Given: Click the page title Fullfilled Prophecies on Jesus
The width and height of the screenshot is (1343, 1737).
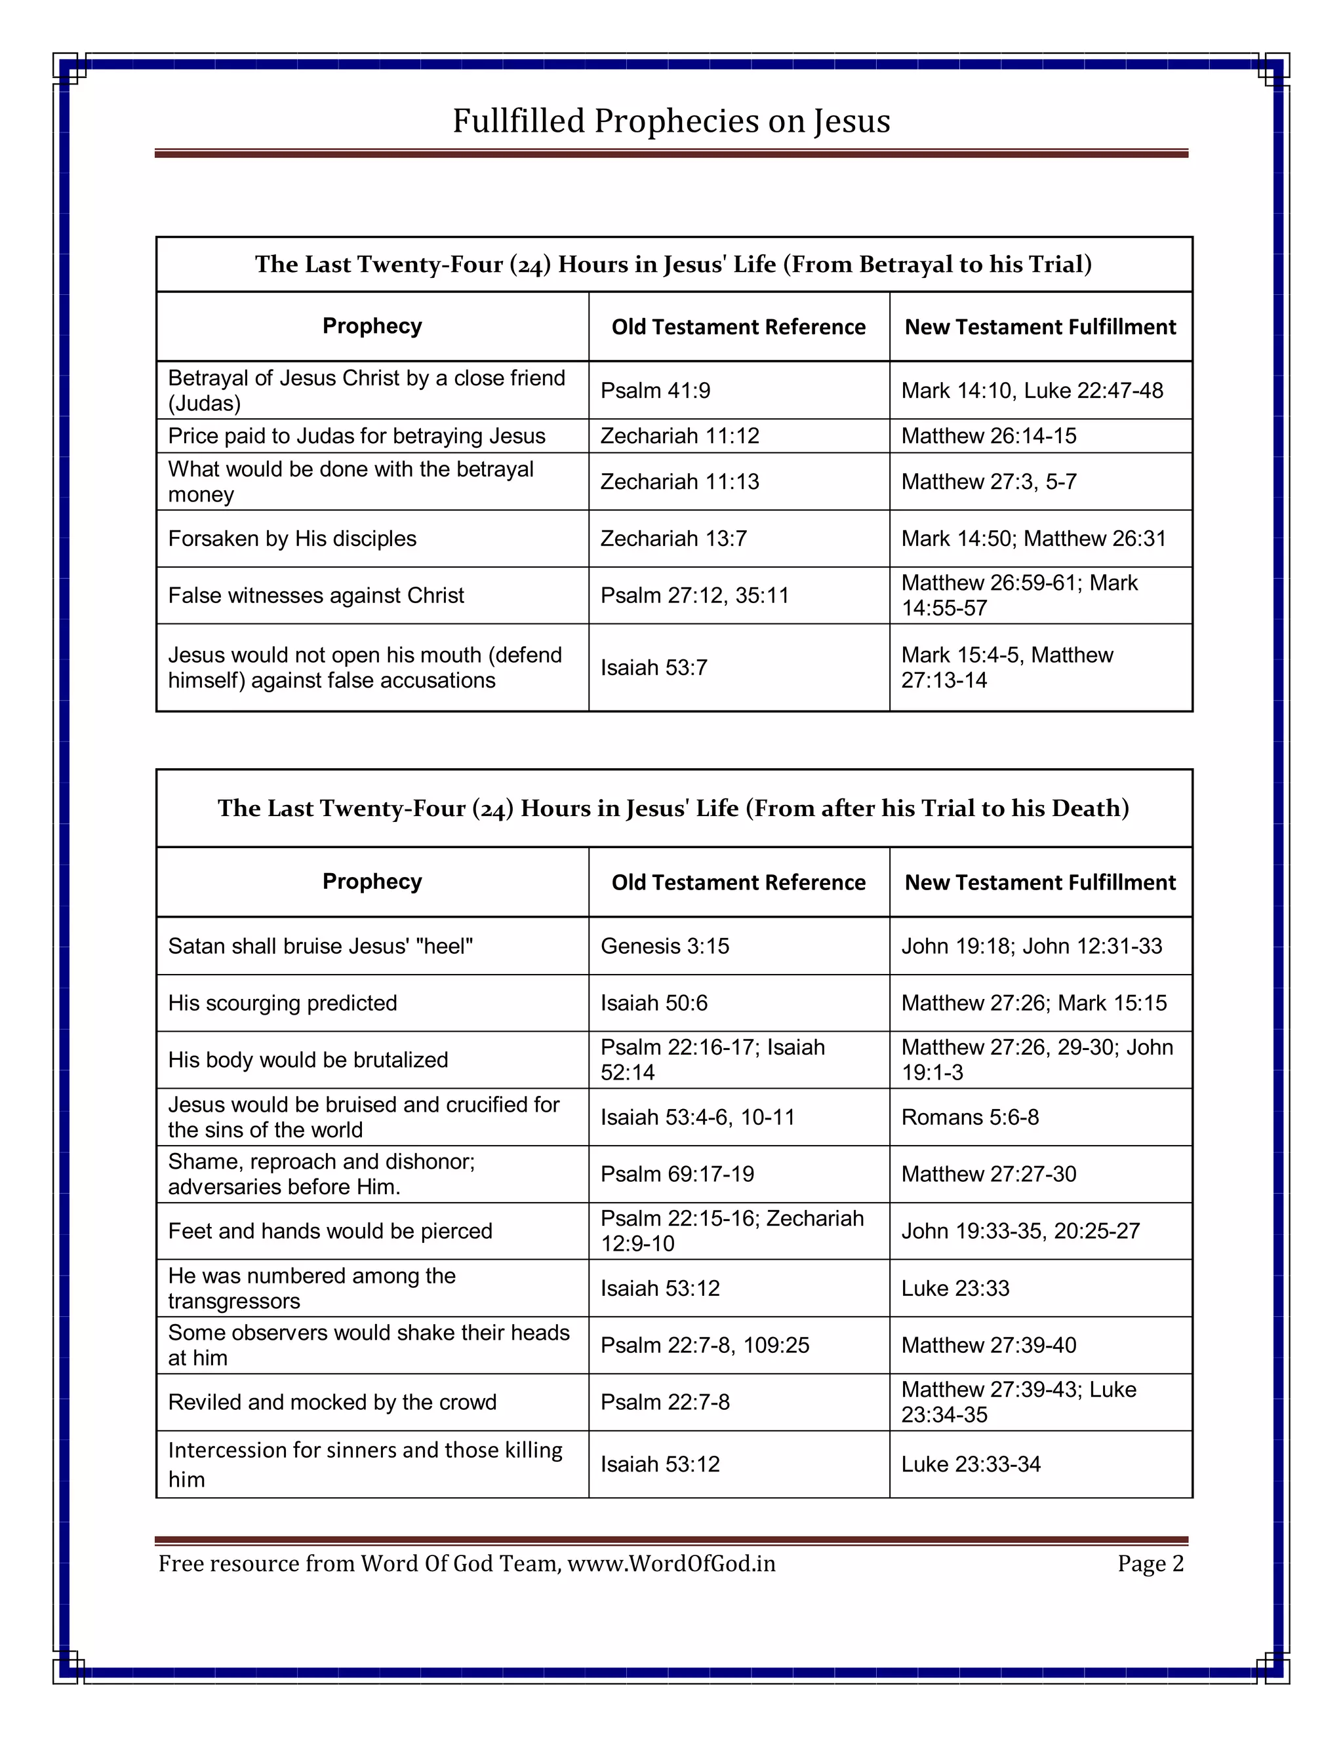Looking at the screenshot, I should click(x=671, y=121).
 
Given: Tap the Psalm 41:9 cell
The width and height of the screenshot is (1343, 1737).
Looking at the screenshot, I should click(x=655, y=391).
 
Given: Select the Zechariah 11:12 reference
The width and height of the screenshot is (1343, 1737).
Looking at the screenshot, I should click(x=679, y=436).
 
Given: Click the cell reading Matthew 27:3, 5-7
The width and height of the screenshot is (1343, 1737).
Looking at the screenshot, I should click(x=988, y=481).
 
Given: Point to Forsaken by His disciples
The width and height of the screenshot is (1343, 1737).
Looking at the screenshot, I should click(x=292, y=538).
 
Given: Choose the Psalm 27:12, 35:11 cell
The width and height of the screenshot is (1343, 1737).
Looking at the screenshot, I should click(x=694, y=595).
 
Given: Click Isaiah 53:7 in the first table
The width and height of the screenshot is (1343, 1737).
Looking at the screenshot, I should click(x=653, y=667).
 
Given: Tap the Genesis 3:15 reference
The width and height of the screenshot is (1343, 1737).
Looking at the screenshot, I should click(x=664, y=946).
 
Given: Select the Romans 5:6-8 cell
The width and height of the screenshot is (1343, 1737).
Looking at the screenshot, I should click(x=969, y=1117).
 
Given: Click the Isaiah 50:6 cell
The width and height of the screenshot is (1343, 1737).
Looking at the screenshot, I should click(x=653, y=1003).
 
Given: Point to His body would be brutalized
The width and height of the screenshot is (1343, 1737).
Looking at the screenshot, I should click(x=308, y=1059).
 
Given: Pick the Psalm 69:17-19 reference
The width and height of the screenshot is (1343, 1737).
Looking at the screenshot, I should click(x=677, y=1174).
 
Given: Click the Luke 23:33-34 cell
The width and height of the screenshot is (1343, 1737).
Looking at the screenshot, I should click(x=970, y=1464).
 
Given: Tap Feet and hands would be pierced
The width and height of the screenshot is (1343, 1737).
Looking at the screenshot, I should click(x=331, y=1231).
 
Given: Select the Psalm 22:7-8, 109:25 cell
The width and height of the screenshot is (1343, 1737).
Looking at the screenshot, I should click(x=704, y=1345).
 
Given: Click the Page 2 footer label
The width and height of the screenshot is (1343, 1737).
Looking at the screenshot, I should click(x=1150, y=1563).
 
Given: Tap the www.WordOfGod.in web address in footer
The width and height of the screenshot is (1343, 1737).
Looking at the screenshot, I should click(x=671, y=1563).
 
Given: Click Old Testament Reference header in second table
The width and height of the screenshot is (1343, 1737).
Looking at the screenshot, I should click(x=738, y=882).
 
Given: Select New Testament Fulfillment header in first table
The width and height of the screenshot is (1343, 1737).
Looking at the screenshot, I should click(x=1039, y=327).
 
